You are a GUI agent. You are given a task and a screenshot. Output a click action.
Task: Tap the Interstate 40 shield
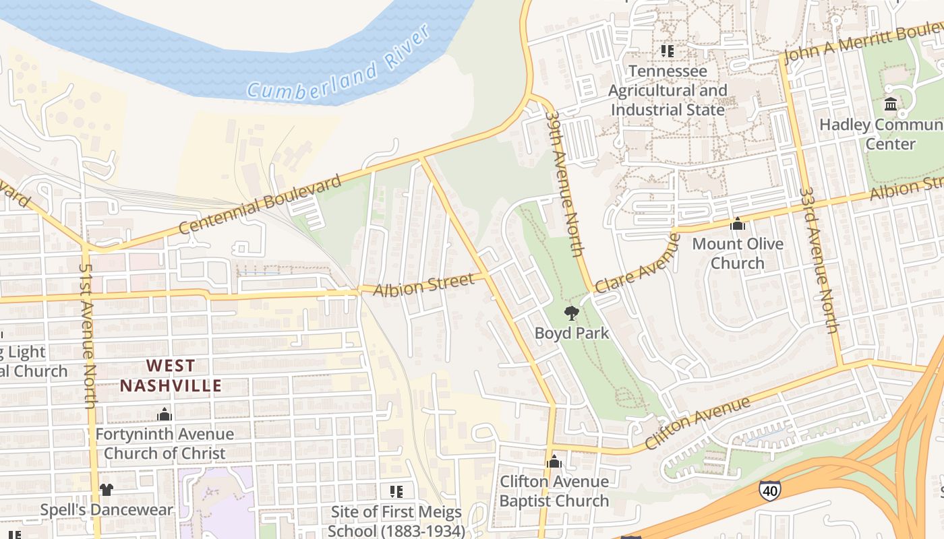point(769,490)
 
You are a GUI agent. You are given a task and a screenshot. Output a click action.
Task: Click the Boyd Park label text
point(572,333)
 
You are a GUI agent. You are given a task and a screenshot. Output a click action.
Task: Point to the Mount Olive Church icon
point(738,224)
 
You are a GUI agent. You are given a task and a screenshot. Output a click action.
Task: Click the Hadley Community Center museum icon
point(891,104)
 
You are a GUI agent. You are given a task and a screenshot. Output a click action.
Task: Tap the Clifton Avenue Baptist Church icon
point(554,462)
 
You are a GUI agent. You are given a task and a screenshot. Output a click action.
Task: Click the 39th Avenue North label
point(564,183)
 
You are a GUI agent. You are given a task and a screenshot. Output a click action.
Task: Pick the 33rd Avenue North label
point(819,259)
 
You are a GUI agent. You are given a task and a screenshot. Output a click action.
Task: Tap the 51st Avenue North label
point(88,335)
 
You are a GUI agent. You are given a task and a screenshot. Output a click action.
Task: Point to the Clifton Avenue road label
point(697,423)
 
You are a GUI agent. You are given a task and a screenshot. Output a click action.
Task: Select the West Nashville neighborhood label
point(171,375)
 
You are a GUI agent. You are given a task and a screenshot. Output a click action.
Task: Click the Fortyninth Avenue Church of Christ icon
point(165,414)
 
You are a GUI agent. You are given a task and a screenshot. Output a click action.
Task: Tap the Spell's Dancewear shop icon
point(107,490)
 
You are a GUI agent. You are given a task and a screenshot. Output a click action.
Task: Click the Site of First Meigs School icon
point(396,491)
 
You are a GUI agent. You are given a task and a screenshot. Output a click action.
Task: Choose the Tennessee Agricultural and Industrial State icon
point(668,51)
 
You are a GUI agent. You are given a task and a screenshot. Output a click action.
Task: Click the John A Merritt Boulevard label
point(863,44)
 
